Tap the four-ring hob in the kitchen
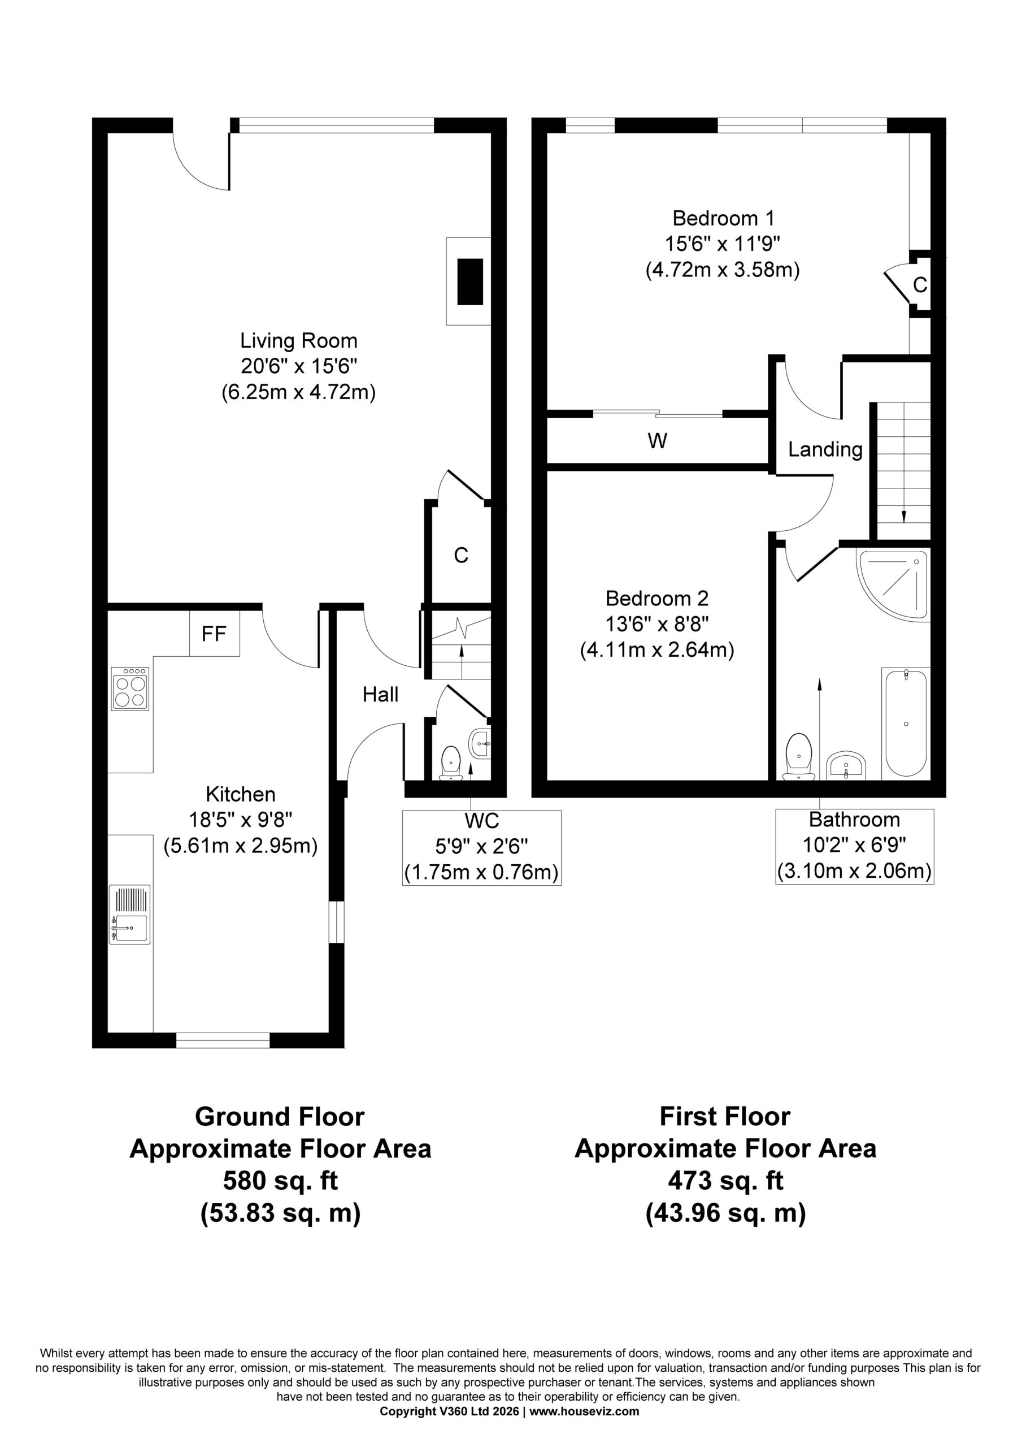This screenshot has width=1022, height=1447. pos(131,689)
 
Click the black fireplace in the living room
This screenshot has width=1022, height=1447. pos(470,281)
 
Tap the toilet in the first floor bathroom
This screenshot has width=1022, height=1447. pos(799,756)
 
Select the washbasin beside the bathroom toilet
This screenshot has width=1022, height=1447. pos(847,766)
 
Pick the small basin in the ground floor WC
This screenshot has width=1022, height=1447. pos(480,744)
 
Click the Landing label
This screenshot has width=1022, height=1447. pos(825,449)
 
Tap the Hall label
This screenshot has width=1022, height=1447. pos(381,695)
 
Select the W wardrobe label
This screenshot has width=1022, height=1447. pos(657,441)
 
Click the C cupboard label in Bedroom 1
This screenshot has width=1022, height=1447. pos(920,285)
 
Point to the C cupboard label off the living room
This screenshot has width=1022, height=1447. pos(461,555)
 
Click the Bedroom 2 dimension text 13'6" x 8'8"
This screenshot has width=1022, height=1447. pos(657,624)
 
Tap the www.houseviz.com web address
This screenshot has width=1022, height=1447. pos(584,1411)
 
